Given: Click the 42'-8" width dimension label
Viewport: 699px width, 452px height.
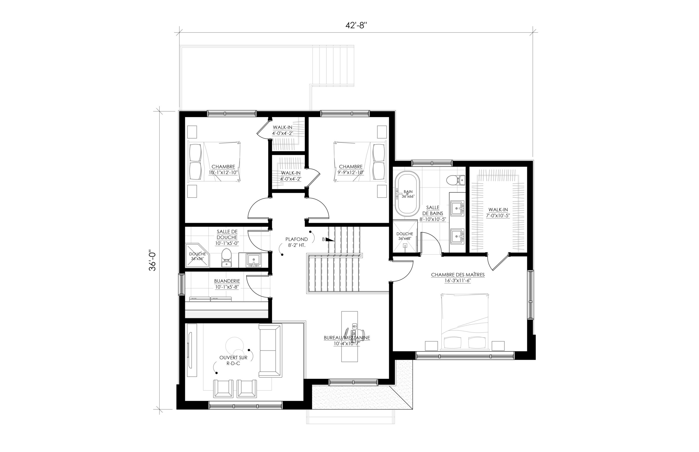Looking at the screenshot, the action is (x=356, y=26).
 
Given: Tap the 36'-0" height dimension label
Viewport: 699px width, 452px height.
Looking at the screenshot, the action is (x=152, y=260).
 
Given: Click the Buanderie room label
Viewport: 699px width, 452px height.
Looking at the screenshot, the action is (x=227, y=284).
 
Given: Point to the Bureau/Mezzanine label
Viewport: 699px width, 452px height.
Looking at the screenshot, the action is (x=347, y=341).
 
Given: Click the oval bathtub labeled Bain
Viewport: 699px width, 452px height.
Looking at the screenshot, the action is (x=407, y=194).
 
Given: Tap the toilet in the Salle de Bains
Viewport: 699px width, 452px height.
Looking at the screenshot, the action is (x=455, y=180).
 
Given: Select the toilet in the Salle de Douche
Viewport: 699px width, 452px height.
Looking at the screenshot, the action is (x=226, y=258).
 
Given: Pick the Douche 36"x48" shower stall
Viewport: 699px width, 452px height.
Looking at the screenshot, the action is (x=405, y=237).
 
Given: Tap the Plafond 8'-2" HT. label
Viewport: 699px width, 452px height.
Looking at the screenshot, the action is (x=297, y=242).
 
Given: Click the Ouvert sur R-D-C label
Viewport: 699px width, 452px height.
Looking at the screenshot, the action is (x=233, y=360).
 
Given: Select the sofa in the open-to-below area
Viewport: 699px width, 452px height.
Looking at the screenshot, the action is (x=270, y=350).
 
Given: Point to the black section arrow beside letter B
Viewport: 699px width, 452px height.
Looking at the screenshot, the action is (x=330, y=239).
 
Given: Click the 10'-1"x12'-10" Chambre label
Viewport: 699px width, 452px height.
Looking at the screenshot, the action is (x=223, y=172).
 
